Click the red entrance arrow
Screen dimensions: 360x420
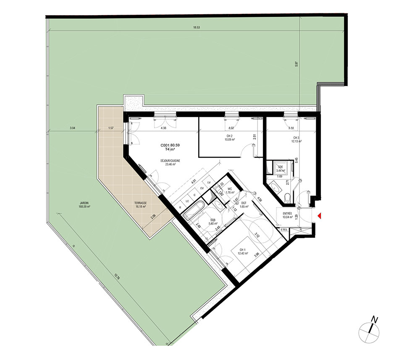click(320, 216)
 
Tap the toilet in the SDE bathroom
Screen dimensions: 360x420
click(287, 197)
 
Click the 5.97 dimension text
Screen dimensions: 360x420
click(297, 65)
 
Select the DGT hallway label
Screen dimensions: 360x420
click(244, 203)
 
